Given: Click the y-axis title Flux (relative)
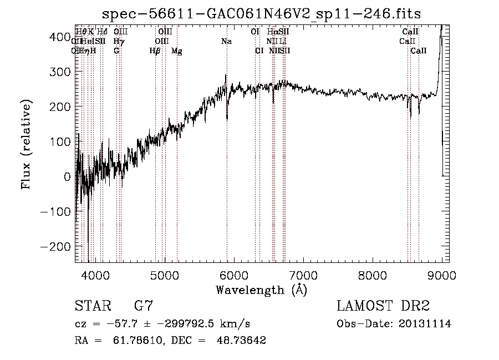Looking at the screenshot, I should (x=27, y=144).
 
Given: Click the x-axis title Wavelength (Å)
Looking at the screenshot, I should (x=261, y=290).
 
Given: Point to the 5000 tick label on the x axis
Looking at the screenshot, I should (x=165, y=275).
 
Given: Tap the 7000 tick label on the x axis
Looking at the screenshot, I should (x=303, y=275).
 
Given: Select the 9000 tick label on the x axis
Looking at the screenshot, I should (x=442, y=275).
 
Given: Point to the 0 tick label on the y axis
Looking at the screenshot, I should (x=67, y=176).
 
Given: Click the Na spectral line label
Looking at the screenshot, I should (x=226, y=41).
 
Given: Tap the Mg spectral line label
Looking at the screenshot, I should (x=176, y=51).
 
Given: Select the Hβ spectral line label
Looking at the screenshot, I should (x=155, y=51).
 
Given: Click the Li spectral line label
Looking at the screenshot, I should (x=283, y=41).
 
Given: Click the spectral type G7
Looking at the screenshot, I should (x=144, y=306).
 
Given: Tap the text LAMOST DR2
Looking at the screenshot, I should (x=383, y=306).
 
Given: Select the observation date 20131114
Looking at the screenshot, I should (x=425, y=324).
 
